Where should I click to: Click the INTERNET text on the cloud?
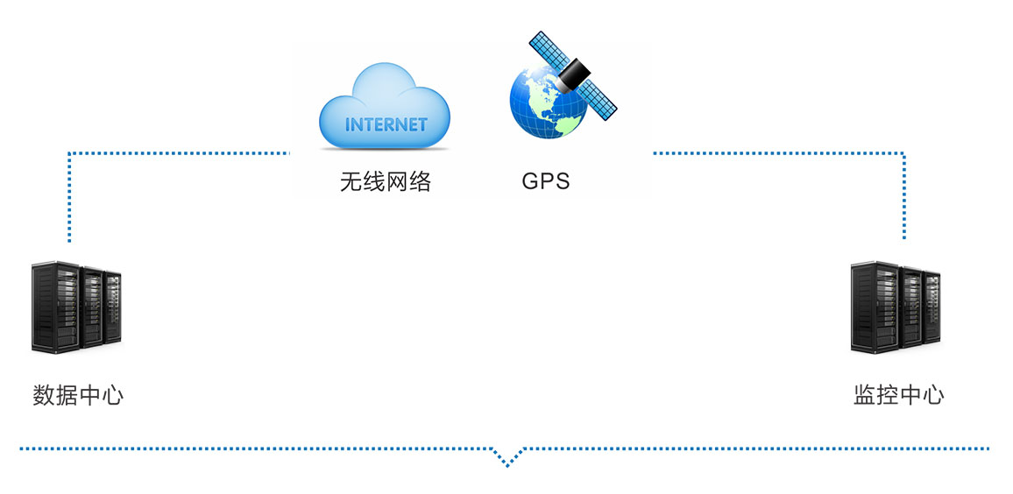pyautogui.click(x=386, y=123)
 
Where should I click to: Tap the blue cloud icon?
pyautogui.click(x=385, y=106)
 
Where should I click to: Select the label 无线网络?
pyautogui.click(x=385, y=182)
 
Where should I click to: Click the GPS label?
pyautogui.click(x=546, y=181)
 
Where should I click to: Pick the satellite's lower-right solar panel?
pyautogui.click(x=599, y=99)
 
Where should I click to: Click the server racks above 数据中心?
pyautogui.click(x=76, y=307)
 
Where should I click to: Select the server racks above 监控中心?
pyautogui.click(x=895, y=307)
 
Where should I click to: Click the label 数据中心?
pyautogui.click(x=77, y=394)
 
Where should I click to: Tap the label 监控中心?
pyautogui.click(x=899, y=394)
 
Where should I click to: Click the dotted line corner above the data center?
pyautogui.click(x=69, y=153)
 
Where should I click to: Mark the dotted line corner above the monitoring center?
pyautogui.click(x=903, y=153)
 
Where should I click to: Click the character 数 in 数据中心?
pyautogui.click(x=43, y=394)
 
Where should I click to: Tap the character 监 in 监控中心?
pyautogui.click(x=864, y=394)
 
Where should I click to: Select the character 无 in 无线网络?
pyautogui.click(x=351, y=182)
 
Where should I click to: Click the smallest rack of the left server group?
pyautogui.click(x=113, y=307)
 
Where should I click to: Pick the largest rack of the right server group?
pyautogui.click(x=874, y=307)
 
